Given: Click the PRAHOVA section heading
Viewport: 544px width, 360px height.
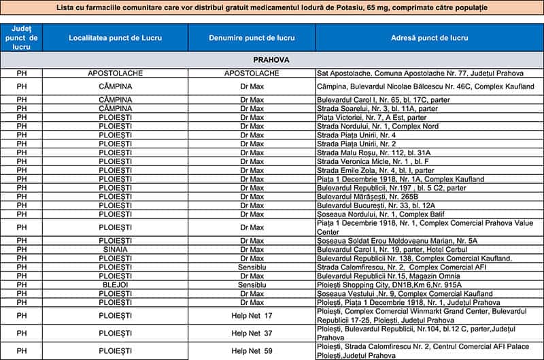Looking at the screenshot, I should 271,60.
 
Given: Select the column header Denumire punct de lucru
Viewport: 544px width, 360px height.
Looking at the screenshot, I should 251,38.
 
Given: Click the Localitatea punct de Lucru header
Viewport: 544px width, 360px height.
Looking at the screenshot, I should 115,38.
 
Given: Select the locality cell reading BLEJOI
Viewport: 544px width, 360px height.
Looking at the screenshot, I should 115,284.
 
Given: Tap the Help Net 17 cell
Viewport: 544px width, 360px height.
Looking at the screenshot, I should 251,315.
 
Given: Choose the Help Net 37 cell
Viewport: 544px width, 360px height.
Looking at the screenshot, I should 251,333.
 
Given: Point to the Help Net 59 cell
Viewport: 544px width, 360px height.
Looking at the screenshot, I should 251,350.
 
